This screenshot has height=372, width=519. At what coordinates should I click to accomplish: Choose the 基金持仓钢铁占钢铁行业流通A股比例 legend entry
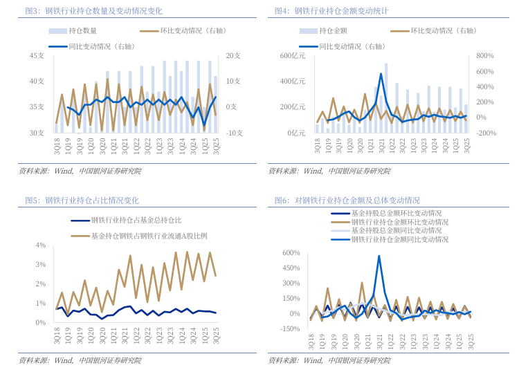148,236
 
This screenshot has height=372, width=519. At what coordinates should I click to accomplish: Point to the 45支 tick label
37,55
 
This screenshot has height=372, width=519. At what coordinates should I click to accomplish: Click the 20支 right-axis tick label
233,55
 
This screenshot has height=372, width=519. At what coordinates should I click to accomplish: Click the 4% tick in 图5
40,245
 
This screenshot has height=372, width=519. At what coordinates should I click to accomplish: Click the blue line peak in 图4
381,73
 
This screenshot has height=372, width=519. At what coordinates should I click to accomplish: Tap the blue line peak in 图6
379,256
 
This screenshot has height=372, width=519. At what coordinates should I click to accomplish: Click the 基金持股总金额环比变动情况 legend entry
396,214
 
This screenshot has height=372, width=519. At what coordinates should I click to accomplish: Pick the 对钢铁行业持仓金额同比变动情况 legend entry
400,239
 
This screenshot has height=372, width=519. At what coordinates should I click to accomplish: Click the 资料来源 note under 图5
80,360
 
